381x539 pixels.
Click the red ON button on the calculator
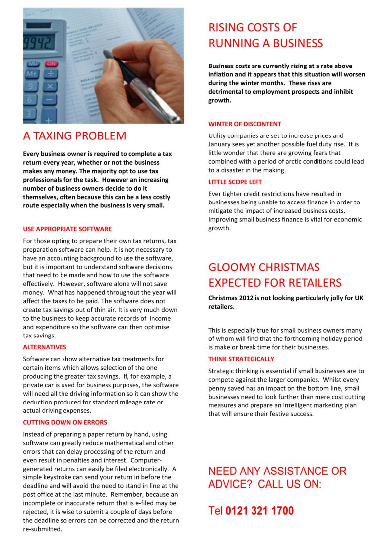pyautogui.click(x=51, y=64)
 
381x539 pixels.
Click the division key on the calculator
pyautogui.click(x=50, y=74)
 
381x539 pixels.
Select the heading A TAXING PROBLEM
pyautogui.click(x=74, y=136)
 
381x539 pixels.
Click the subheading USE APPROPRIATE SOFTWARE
pyautogui.click(x=67, y=229)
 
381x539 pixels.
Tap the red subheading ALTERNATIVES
pyautogui.click(x=45, y=347)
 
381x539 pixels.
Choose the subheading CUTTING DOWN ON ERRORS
pyautogui.click(x=65, y=423)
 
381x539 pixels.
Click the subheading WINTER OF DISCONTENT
pyautogui.click(x=245, y=124)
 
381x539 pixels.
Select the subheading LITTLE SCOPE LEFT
pyautogui.click(x=235, y=182)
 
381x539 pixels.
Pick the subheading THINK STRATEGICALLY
pyautogui.click(x=241, y=359)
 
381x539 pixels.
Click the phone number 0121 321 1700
pyautogui.click(x=259, y=511)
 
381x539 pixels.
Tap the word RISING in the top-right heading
pyautogui.click(x=226, y=28)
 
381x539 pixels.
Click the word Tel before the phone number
pyautogui.click(x=216, y=511)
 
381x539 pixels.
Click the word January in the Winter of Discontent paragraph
pyautogui.click(x=221, y=144)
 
